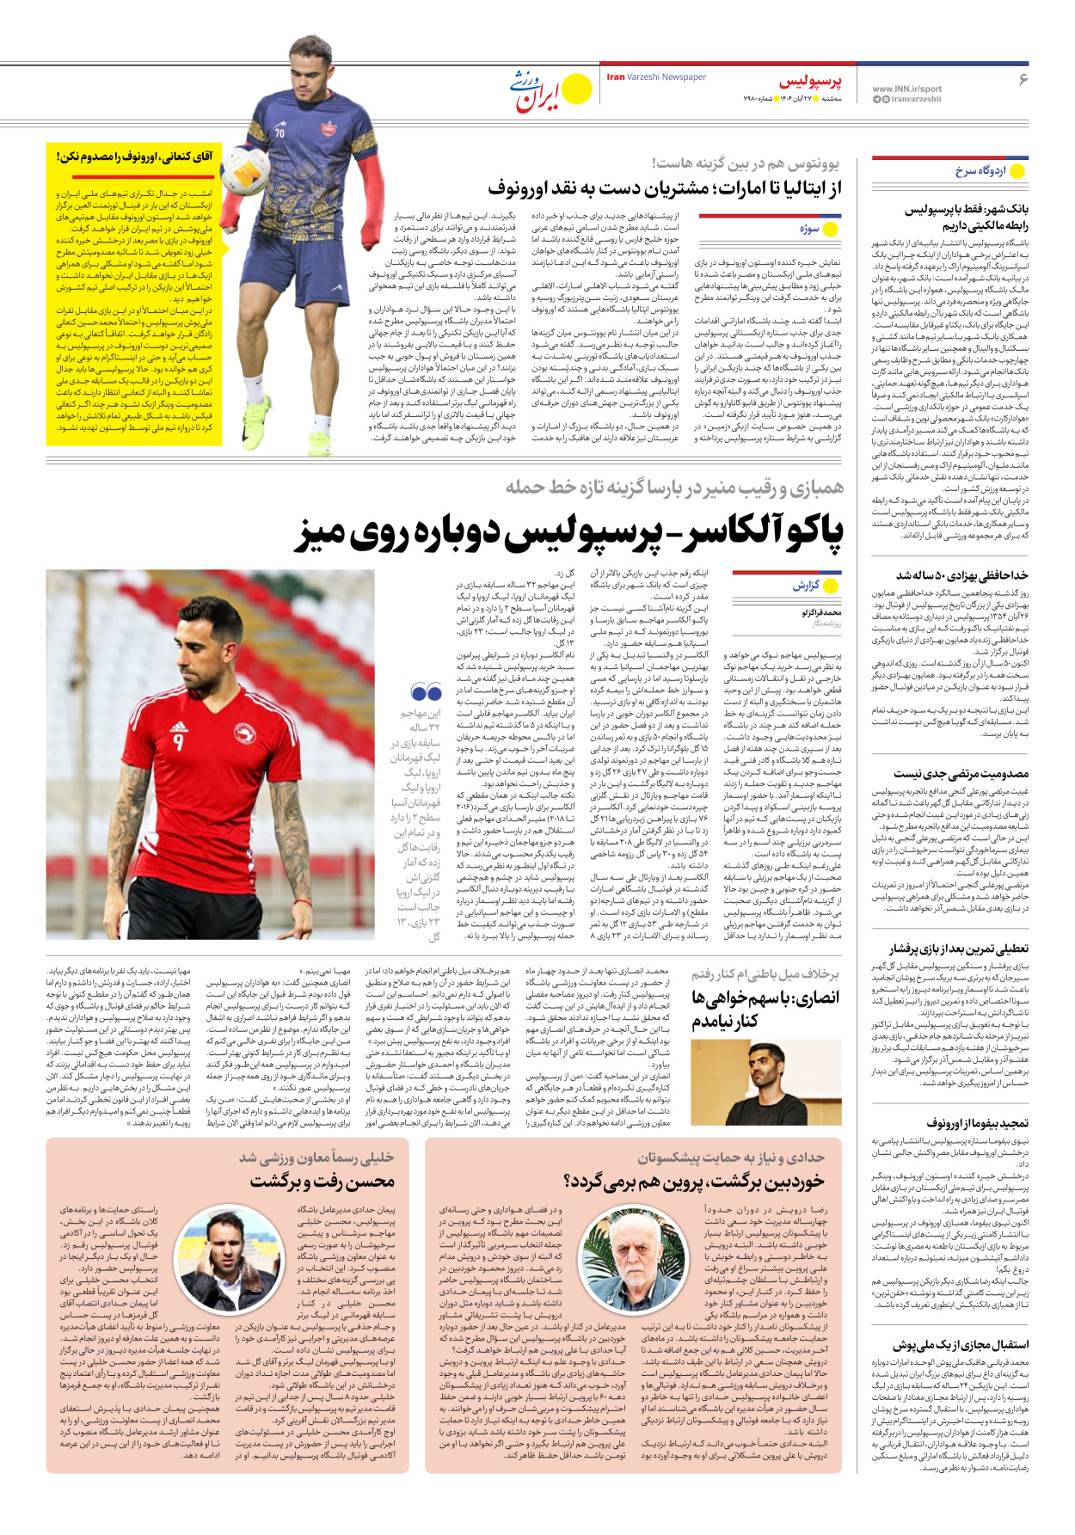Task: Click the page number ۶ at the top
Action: click(1023, 80)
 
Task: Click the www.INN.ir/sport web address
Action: click(906, 89)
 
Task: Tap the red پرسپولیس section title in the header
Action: click(810, 82)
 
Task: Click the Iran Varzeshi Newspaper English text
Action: click(656, 77)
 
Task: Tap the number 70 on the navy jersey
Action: click(279, 133)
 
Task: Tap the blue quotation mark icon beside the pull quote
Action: click(426, 692)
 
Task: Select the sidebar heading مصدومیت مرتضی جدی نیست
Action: click(961, 774)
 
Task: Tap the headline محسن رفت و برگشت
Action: click(322, 1182)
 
